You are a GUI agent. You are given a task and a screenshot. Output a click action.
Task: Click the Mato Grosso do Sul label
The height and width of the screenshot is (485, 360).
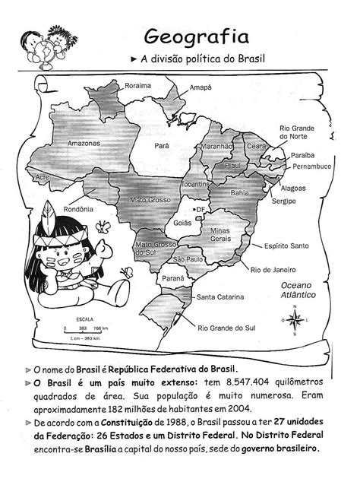156,249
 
